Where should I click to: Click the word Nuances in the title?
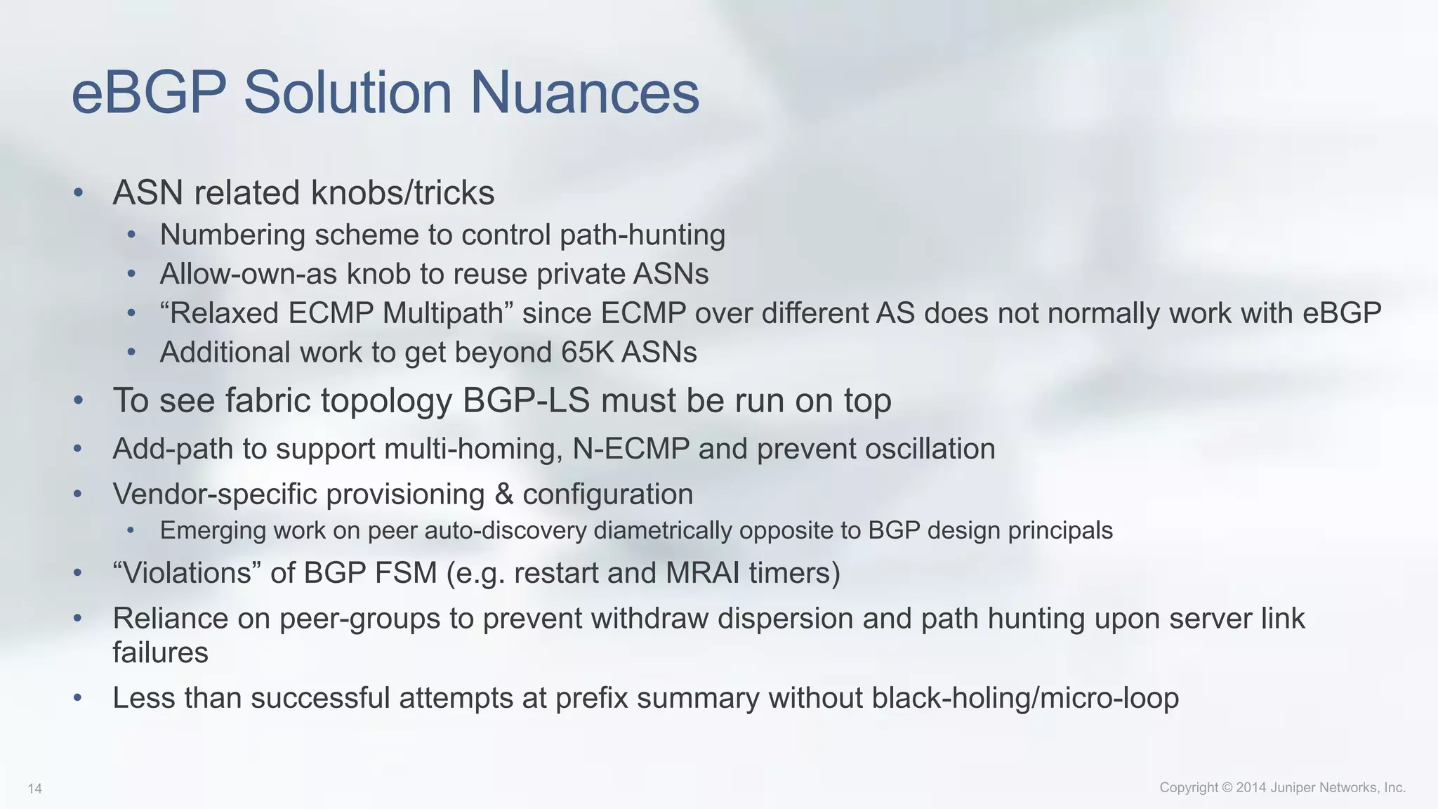click(x=584, y=93)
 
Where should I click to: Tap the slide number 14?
click(x=34, y=789)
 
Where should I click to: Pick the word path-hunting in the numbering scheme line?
click(x=642, y=235)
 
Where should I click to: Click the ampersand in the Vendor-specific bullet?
click(x=503, y=494)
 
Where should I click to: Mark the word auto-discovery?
click(x=506, y=530)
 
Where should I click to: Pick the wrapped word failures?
click(x=160, y=652)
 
